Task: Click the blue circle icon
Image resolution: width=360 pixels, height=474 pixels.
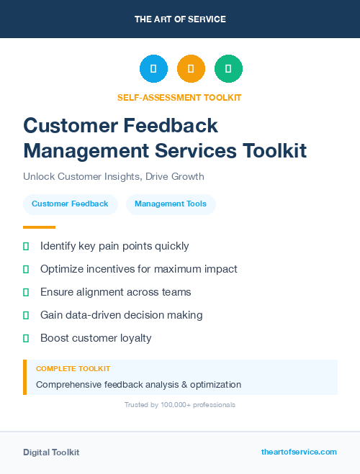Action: click(x=153, y=69)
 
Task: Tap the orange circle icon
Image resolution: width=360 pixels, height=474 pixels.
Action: click(x=191, y=69)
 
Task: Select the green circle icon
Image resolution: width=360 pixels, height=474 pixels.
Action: click(x=228, y=69)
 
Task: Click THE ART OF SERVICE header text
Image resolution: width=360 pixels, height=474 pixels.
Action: click(x=180, y=19)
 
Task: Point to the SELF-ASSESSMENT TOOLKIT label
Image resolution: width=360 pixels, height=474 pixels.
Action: click(x=179, y=97)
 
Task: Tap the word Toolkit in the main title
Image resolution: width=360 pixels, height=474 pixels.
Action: click(x=274, y=150)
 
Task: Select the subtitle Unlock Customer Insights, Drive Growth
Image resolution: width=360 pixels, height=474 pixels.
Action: click(x=114, y=176)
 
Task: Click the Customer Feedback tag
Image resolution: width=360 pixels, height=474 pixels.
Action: click(x=70, y=204)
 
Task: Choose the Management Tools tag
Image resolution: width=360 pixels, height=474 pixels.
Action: click(x=171, y=204)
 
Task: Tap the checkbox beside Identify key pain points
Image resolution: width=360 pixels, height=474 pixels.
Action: click(x=26, y=247)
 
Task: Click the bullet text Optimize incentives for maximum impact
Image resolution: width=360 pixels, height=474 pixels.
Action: click(x=139, y=269)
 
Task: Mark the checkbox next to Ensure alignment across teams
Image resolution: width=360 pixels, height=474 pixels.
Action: click(x=26, y=292)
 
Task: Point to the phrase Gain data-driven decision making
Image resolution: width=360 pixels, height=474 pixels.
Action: click(x=121, y=315)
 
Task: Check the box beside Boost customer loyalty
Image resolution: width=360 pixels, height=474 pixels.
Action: click(x=26, y=338)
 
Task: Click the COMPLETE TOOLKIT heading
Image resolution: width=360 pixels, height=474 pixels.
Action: click(x=73, y=369)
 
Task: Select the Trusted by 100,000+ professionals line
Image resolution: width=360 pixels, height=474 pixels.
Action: click(x=180, y=405)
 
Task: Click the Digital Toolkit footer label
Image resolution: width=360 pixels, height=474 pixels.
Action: click(x=51, y=452)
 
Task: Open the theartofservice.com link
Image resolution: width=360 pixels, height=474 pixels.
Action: click(x=299, y=452)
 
